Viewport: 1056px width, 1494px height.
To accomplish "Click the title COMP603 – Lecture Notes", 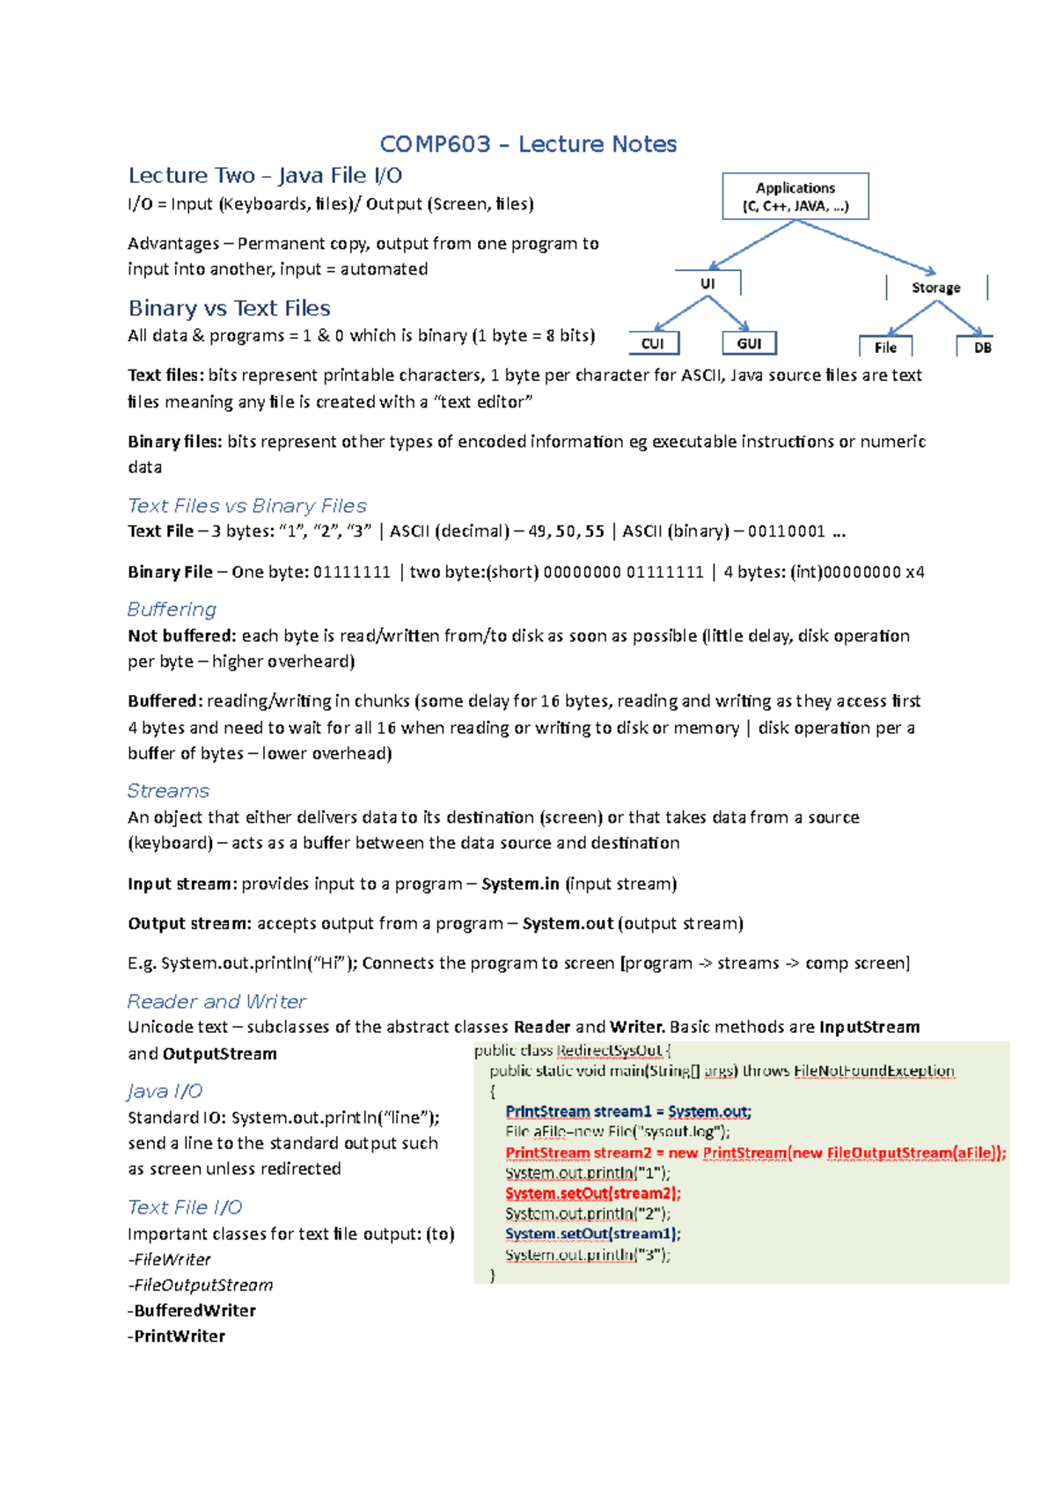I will point(528,144).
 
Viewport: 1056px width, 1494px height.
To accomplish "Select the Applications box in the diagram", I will point(796,196).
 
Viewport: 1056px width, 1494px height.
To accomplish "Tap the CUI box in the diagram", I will point(654,343).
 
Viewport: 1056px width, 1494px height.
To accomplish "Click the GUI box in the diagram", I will point(749,343).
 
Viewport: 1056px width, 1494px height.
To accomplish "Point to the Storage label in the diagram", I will point(935,288).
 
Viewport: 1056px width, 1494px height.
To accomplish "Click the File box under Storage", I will point(885,348).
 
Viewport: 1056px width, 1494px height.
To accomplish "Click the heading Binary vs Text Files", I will point(230,308).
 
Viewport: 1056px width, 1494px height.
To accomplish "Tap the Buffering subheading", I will point(172,609).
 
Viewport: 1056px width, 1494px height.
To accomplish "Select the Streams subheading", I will point(168,790).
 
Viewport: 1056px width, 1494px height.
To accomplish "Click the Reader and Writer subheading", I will point(216,1001).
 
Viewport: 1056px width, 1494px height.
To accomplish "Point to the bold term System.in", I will point(520,883).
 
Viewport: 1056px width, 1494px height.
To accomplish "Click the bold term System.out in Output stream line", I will point(568,923).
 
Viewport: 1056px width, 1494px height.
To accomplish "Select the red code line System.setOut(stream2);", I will point(593,1193).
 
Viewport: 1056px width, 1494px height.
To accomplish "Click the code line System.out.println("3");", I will point(588,1255).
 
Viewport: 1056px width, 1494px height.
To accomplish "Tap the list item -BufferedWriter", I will point(192,1310).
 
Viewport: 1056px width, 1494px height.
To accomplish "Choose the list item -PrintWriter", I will point(177,1336).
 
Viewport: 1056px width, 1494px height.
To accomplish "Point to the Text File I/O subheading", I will point(185,1207).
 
